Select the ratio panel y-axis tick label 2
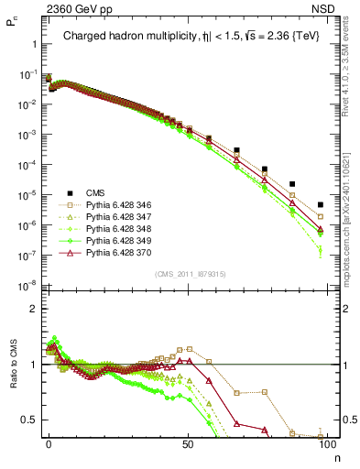click(32, 309)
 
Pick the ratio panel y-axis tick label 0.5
click(28, 420)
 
